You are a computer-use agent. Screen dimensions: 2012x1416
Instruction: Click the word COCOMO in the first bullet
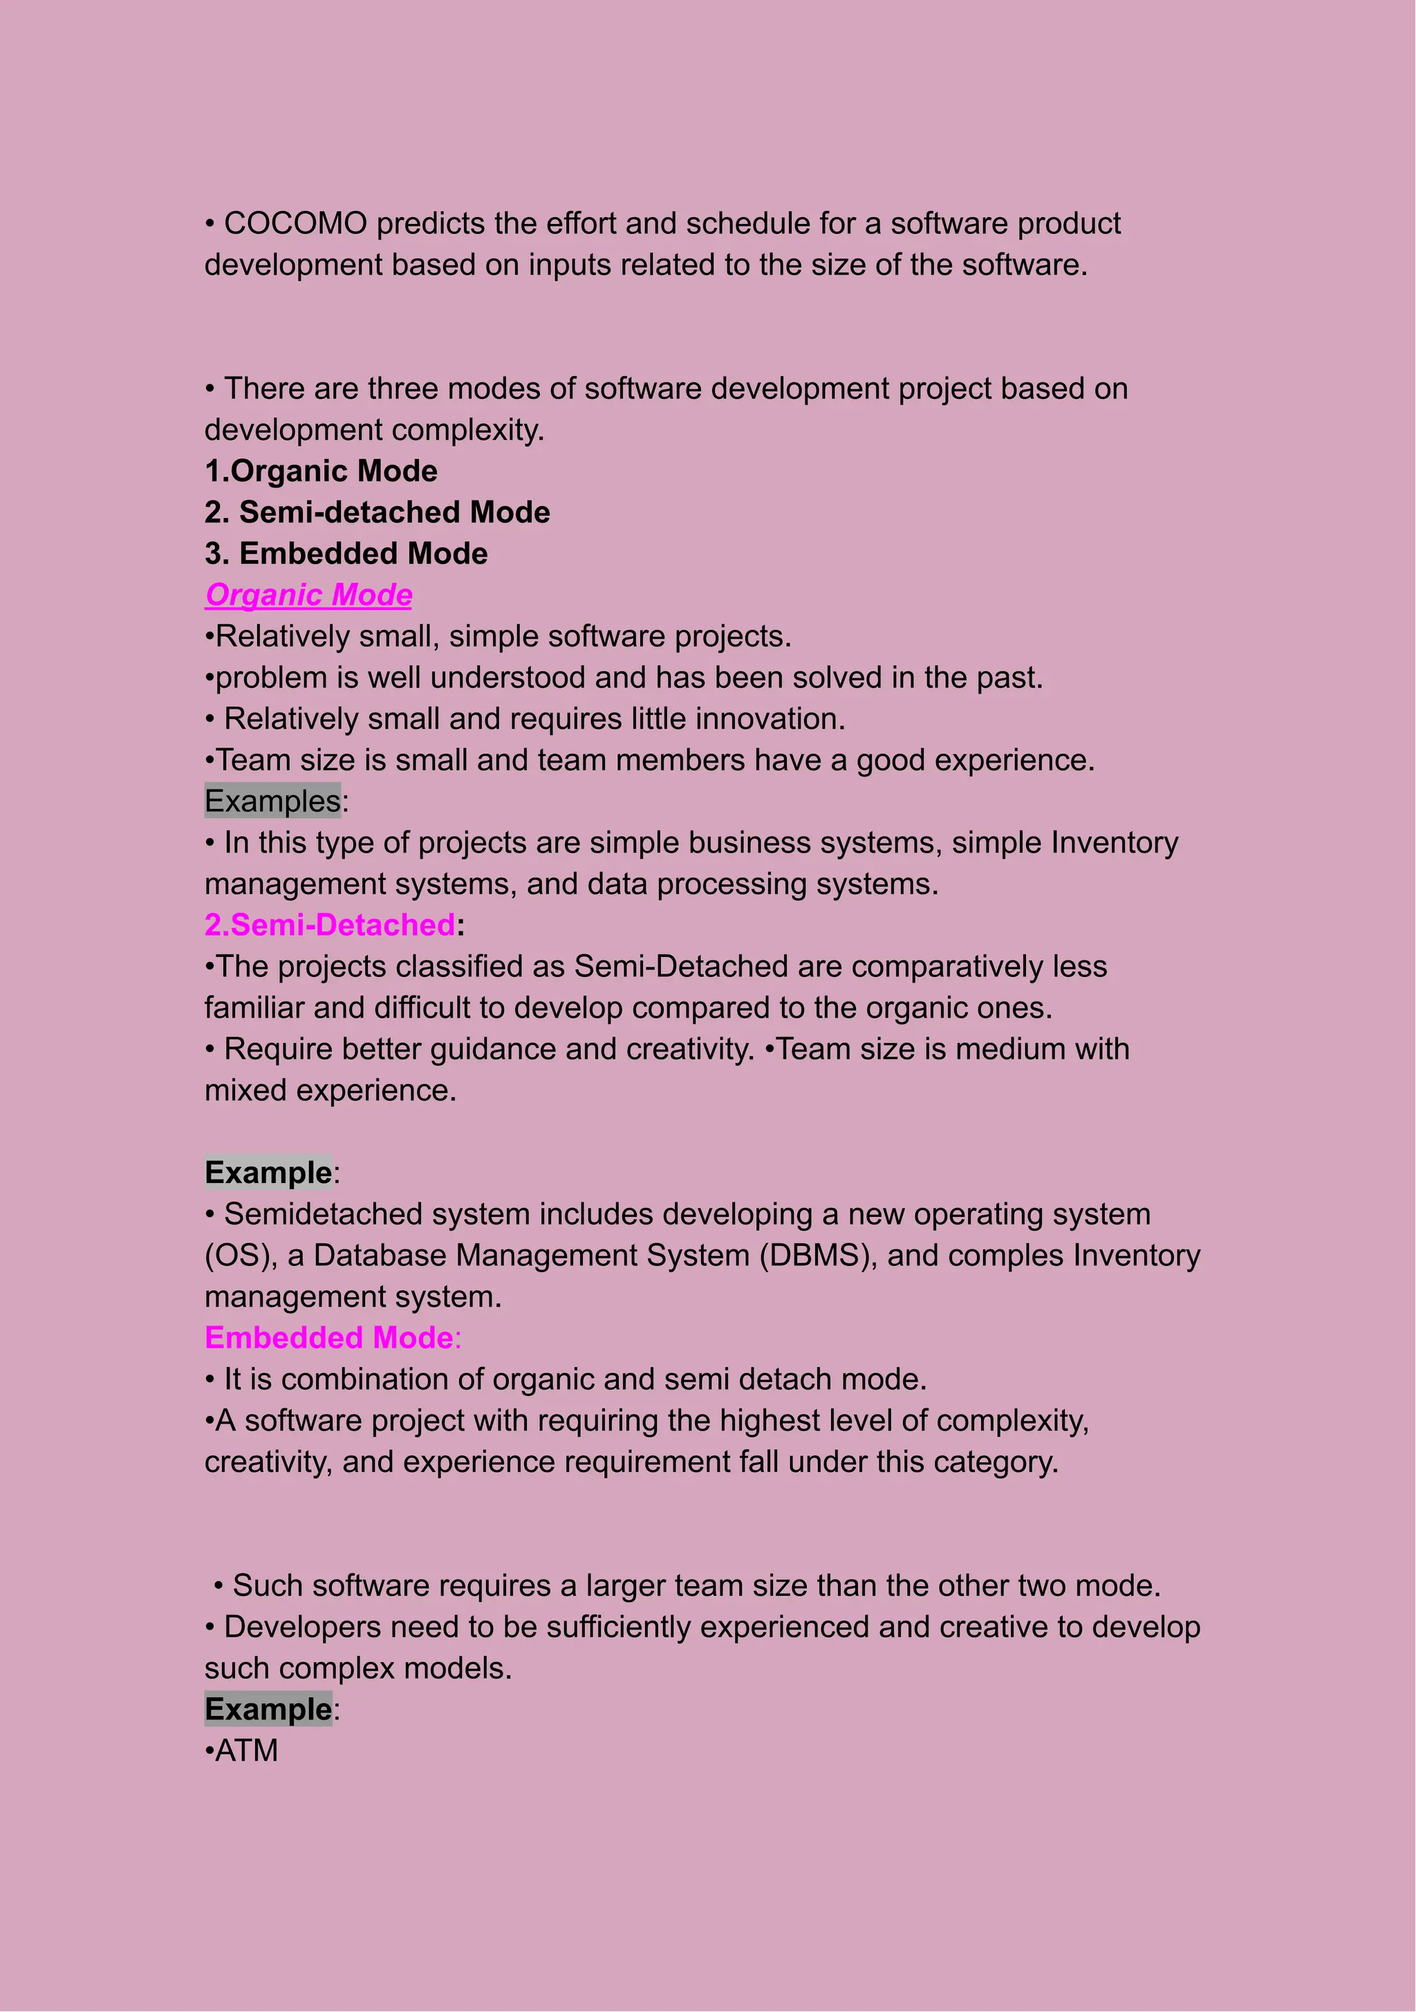click(295, 223)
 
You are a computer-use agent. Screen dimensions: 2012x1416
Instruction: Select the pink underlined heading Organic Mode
click(308, 595)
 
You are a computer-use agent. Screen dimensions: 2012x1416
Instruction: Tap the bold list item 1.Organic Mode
click(321, 472)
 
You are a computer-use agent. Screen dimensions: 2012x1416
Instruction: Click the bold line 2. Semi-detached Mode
click(377, 512)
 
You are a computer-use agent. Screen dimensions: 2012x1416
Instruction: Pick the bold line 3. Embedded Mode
click(346, 554)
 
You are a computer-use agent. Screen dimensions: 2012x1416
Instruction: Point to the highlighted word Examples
click(272, 801)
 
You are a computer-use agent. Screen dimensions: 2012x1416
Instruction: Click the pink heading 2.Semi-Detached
click(330, 925)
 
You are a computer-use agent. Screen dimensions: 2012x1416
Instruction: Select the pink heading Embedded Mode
click(328, 1338)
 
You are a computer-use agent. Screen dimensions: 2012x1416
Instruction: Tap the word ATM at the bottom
click(246, 1751)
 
